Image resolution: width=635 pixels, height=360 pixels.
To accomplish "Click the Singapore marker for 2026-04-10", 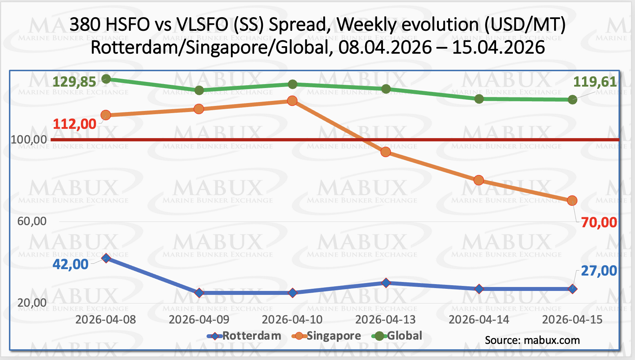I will [292, 101].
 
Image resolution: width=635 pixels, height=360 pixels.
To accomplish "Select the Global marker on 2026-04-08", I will [106, 79].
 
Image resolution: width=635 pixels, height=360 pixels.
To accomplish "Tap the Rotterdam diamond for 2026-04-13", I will [386, 283].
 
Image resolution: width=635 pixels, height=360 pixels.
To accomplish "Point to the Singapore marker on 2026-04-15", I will [572, 200].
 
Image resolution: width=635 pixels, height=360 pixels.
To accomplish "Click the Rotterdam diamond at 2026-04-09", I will [199, 293].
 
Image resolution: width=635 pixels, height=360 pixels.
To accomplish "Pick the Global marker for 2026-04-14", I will [479, 99].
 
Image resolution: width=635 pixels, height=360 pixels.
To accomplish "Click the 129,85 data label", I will [74, 82].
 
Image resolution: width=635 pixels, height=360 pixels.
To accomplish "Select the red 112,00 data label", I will [74, 124].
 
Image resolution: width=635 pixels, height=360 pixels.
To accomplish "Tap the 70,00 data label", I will [599, 223].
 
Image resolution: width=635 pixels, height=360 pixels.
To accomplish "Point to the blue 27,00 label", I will [599, 271].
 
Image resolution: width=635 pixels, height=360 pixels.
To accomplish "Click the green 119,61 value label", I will [595, 82].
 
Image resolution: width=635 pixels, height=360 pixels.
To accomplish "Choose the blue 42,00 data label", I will [71, 264].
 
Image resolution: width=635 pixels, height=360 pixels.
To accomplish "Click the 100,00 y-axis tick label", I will [29, 139].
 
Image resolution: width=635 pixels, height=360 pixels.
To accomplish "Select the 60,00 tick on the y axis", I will [32, 221].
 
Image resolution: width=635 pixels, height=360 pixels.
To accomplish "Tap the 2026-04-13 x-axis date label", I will [386, 319].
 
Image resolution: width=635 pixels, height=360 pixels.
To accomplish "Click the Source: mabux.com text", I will [532, 340].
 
